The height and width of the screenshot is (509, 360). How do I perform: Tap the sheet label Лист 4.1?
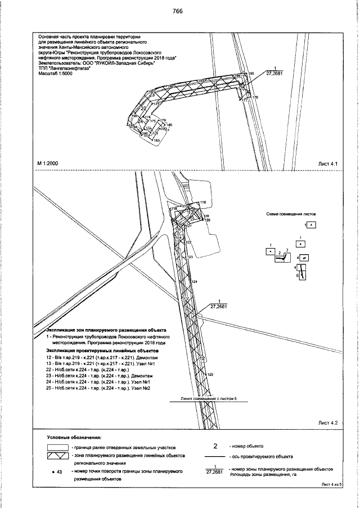point(327,164)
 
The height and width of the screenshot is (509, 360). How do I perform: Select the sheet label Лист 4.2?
point(327,422)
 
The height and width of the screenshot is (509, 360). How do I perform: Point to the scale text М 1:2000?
point(49,164)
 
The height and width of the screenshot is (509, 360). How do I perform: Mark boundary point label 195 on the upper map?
point(251,73)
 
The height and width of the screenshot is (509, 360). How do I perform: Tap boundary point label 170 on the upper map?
point(255,98)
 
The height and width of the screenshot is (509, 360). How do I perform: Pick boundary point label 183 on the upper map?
point(157,139)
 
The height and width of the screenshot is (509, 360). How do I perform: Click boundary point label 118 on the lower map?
point(203,202)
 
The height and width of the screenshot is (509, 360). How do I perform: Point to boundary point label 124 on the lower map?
point(195,281)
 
